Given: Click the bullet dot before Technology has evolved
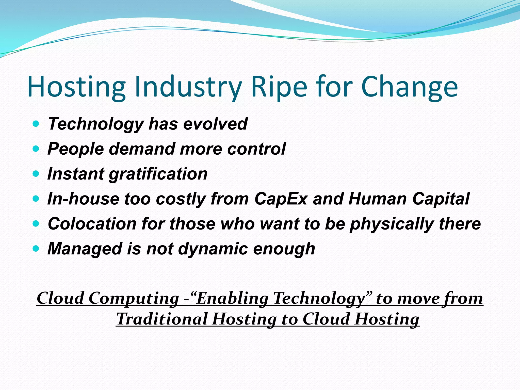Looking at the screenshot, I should [x=36, y=124].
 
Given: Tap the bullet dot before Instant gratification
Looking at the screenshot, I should [x=36, y=174].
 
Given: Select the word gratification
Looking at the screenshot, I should [x=158, y=174].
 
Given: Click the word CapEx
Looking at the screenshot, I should [x=281, y=199].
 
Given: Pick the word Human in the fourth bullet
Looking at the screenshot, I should [x=378, y=199].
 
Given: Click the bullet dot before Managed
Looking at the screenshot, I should [x=36, y=249].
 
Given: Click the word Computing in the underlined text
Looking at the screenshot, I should [x=134, y=298].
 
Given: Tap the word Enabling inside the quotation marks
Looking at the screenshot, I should [x=233, y=298].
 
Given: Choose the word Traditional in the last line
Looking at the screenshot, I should [x=162, y=319].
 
